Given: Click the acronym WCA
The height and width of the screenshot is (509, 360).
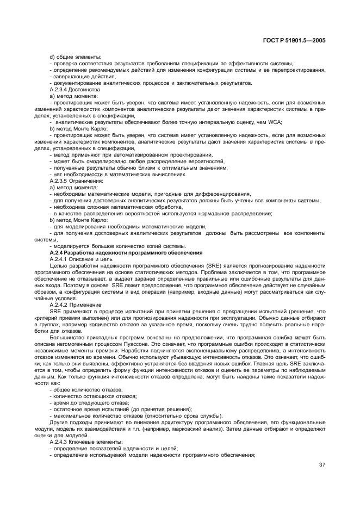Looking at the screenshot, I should [274, 123].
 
